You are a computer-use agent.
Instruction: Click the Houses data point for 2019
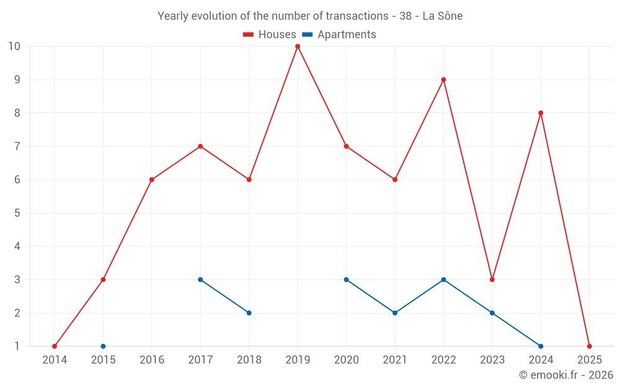tap(298, 46)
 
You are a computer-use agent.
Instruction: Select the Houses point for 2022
tap(443, 79)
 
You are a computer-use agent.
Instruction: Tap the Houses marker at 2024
tap(541, 113)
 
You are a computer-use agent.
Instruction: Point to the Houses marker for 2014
tap(55, 346)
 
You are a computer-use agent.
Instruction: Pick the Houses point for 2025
tap(589, 346)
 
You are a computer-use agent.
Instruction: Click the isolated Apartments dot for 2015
tap(103, 346)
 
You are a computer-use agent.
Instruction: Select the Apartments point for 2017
tap(200, 279)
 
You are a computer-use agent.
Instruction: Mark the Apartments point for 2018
tap(249, 313)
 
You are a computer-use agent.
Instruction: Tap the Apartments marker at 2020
tap(346, 279)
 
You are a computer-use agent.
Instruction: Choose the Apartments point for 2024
tap(541, 346)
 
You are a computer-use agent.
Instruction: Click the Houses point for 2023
tap(492, 279)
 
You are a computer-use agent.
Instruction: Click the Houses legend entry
tap(270, 35)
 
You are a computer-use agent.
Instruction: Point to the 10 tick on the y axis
tap(14, 46)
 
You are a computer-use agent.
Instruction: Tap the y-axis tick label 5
tap(17, 213)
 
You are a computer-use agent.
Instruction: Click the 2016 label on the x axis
tap(152, 360)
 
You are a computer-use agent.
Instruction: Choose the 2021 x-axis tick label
tap(395, 360)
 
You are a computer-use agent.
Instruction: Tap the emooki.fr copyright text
tap(566, 375)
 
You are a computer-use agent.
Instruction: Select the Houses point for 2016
tap(152, 179)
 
